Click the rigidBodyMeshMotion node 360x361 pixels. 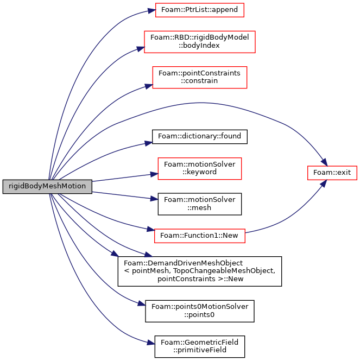point(47,186)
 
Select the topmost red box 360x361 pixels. point(199,10)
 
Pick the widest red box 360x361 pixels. point(199,41)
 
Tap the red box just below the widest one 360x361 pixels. point(199,77)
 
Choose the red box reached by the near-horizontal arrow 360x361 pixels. point(199,168)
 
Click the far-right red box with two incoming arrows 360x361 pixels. point(332,173)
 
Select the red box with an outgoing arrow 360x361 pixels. point(199,236)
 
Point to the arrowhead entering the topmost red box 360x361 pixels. point(152,11)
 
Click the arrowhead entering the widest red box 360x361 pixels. point(141,49)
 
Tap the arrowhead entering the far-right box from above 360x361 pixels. point(324,163)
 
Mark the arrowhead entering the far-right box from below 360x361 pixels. point(324,183)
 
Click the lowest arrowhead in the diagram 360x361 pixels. point(152,343)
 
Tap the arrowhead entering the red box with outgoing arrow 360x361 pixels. point(151,230)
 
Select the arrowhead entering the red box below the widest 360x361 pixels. point(149,86)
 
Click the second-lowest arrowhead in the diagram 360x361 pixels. point(143,304)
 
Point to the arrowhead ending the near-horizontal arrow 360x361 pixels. point(154,174)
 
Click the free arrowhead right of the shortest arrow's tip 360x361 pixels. point(149,255)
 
